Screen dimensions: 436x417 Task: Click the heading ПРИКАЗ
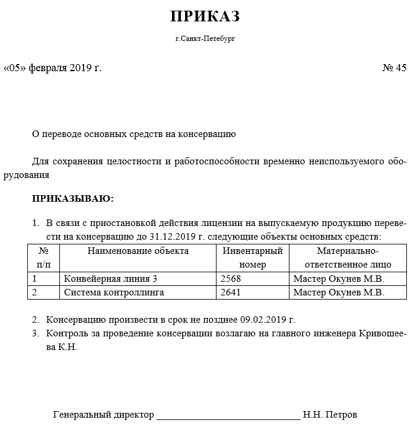(x=205, y=17)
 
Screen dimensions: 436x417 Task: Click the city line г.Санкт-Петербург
(x=205, y=39)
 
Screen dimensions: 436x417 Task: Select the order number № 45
(x=394, y=68)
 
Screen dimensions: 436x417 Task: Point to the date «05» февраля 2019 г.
(x=53, y=68)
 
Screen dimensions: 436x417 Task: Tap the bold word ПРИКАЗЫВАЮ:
(x=72, y=198)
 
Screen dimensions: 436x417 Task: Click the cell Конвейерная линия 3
(x=110, y=279)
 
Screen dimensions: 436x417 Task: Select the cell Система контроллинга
(x=114, y=292)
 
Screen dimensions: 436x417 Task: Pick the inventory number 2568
(x=231, y=279)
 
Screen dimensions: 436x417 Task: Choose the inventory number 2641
(x=231, y=292)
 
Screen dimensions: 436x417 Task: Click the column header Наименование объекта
(x=138, y=251)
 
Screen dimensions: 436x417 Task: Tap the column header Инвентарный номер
(x=253, y=257)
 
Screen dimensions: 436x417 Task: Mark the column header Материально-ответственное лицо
(x=348, y=257)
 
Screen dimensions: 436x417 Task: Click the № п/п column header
(x=43, y=257)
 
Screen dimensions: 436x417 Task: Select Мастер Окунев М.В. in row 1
(x=339, y=279)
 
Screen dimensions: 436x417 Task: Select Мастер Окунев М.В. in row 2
(x=339, y=292)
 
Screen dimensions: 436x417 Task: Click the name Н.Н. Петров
(x=330, y=415)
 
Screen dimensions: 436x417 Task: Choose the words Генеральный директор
(x=103, y=415)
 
